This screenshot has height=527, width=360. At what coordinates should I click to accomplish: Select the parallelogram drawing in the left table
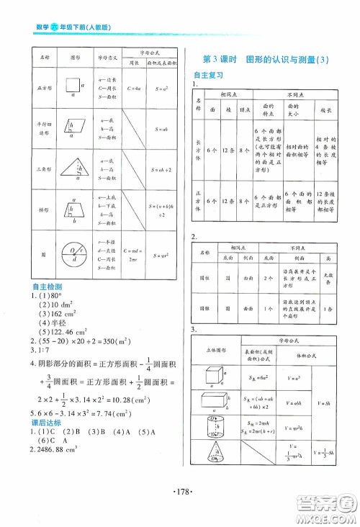tap(74, 128)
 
